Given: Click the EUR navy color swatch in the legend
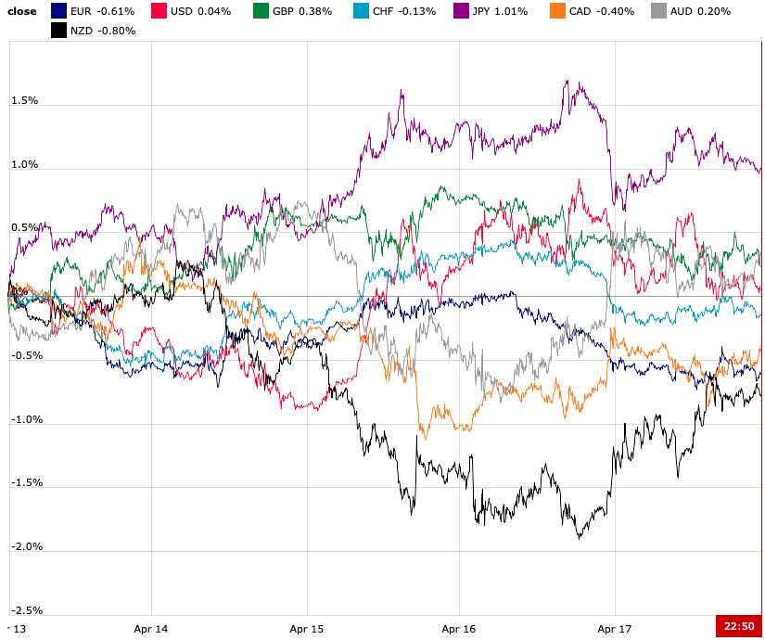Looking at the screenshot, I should click(x=58, y=11).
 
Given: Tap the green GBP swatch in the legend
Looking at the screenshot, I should click(x=261, y=11).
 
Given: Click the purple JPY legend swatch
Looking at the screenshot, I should click(x=461, y=11).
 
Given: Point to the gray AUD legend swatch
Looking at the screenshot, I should click(x=657, y=11).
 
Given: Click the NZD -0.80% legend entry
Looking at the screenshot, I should click(x=103, y=31).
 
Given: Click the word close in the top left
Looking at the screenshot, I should click(x=22, y=11).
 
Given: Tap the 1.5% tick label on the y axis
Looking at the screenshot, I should click(x=24, y=100).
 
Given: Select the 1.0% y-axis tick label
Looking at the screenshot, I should click(x=24, y=164).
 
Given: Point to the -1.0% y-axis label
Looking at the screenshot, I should click(x=26, y=419).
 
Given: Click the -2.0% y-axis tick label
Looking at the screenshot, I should click(x=26, y=546).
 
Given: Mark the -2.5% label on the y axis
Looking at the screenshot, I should click(x=26, y=610).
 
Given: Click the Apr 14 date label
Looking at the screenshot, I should click(x=150, y=629).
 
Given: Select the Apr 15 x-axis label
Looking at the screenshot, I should click(x=306, y=629).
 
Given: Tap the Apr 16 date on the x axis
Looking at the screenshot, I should click(x=458, y=629).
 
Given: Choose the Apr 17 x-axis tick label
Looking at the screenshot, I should click(x=614, y=629).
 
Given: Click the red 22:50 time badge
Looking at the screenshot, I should click(x=739, y=626).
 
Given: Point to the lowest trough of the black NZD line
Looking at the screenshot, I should click(x=580, y=538).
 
